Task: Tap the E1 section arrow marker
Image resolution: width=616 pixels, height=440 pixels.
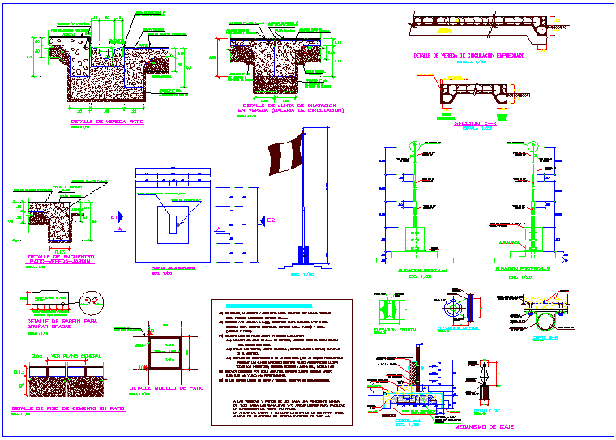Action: pos(117,217)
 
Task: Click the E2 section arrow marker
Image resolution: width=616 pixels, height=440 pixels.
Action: pos(264,220)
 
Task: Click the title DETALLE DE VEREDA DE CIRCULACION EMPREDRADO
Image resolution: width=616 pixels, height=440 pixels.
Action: pos(463,55)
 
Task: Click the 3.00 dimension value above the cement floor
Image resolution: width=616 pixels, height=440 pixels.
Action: pos(36,356)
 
